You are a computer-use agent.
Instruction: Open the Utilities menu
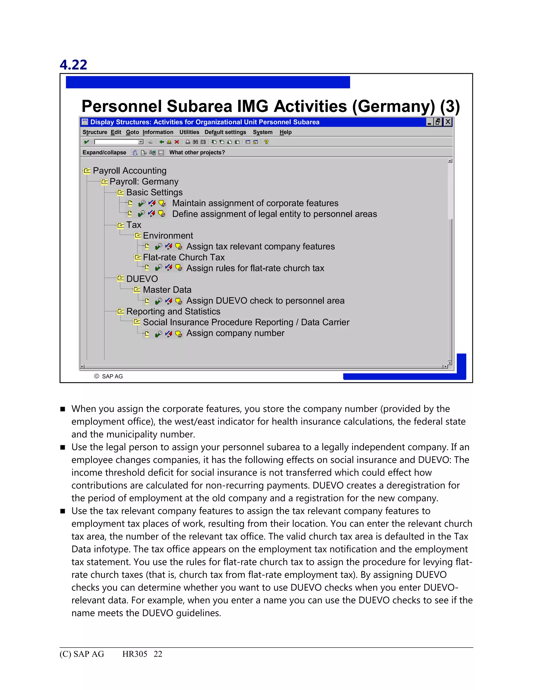tap(189, 132)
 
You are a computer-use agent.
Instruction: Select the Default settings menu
tap(225, 132)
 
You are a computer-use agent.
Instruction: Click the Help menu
tap(285, 132)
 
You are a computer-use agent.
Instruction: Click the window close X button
tap(447, 122)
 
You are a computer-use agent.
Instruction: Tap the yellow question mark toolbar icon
tap(266, 142)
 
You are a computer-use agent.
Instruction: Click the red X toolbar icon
tap(177, 142)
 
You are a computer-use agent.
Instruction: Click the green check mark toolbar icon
tap(86, 142)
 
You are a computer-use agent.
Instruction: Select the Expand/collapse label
tap(104, 152)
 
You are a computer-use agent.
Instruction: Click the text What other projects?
tap(197, 152)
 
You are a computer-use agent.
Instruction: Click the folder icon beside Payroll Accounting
tap(87, 171)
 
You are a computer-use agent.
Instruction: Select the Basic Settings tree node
tap(154, 192)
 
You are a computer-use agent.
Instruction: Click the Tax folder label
tap(134, 225)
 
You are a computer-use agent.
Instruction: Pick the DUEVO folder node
tap(142, 279)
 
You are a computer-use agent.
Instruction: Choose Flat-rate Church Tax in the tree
tap(183, 257)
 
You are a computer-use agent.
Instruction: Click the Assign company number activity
tap(235, 333)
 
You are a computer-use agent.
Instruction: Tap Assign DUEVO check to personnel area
tap(265, 300)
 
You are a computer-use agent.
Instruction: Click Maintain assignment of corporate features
tap(255, 203)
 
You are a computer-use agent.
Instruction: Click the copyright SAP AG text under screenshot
tap(109, 376)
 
